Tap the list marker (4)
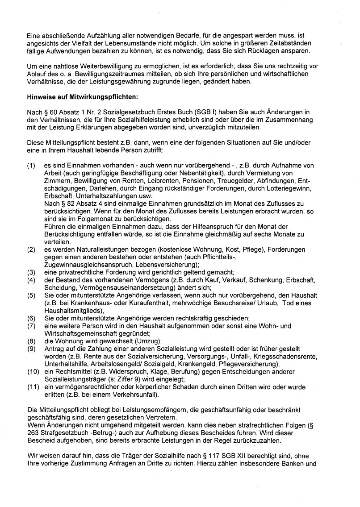click(x=31, y=280)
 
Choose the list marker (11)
click(x=32, y=387)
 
